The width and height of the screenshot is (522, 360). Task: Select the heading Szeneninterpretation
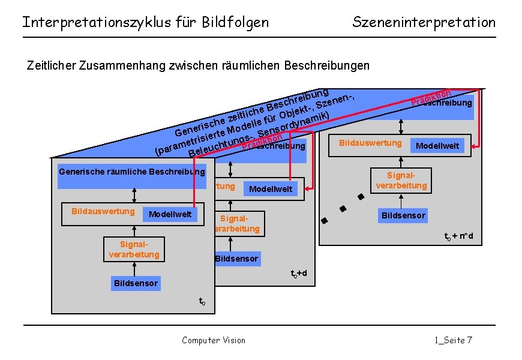(x=424, y=23)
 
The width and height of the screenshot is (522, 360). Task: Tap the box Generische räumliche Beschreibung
(x=131, y=173)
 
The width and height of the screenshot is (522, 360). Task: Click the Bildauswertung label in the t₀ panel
(x=103, y=211)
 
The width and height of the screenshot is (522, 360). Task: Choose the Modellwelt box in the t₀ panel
(x=170, y=214)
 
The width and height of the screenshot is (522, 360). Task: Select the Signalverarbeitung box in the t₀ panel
(x=134, y=250)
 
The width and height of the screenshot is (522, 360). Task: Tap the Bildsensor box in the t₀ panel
(x=136, y=283)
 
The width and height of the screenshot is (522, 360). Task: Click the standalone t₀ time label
(x=202, y=301)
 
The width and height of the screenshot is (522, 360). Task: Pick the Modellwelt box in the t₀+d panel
(x=270, y=189)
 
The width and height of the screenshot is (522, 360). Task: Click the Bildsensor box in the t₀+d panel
(x=236, y=259)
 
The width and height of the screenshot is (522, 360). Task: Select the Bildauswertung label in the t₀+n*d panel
(x=370, y=143)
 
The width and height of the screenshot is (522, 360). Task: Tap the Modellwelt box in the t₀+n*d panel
(x=437, y=146)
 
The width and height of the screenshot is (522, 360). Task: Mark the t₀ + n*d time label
(x=458, y=236)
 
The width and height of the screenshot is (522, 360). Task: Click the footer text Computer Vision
(x=214, y=340)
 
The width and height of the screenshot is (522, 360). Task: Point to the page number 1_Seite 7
(x=453, y=340)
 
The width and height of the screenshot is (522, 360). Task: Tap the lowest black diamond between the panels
(x=324, y=220)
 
